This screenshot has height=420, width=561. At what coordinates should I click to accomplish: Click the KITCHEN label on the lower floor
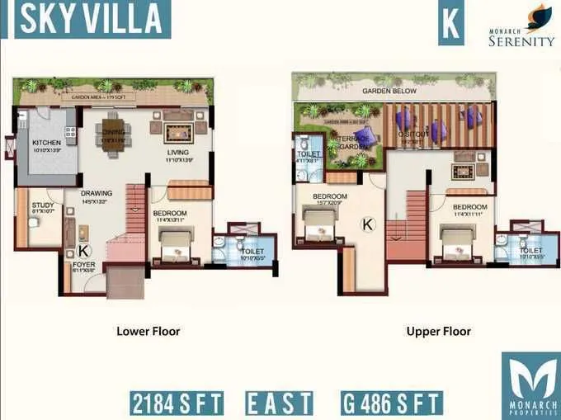coord(46,143)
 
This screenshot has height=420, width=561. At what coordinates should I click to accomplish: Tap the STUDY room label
coord(42,205)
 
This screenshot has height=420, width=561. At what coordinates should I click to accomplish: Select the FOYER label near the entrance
coord(82,265)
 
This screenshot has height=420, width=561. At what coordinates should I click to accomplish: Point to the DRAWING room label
coord(97,194)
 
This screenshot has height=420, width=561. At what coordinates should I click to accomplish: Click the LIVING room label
coord(177,153)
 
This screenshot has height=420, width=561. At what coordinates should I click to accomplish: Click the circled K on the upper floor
coord(369,223)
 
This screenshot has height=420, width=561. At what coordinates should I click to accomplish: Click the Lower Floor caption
coord(148,332)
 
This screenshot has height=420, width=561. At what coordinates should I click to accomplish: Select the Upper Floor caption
coord(438,332)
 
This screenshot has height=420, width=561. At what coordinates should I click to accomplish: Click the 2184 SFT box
coord(177,403)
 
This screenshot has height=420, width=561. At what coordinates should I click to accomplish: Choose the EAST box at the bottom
coord(280,403)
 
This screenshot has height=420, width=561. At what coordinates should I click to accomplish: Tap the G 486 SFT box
coord(392,403)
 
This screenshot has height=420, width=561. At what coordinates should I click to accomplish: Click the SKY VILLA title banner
coord(91,21)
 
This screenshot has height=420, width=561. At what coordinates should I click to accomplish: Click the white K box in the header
coord(450,25)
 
